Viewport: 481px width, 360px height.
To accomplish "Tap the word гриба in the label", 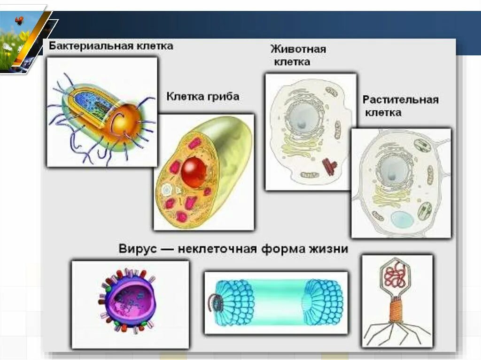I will [223, 97].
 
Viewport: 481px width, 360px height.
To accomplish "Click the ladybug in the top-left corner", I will [19, 20].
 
